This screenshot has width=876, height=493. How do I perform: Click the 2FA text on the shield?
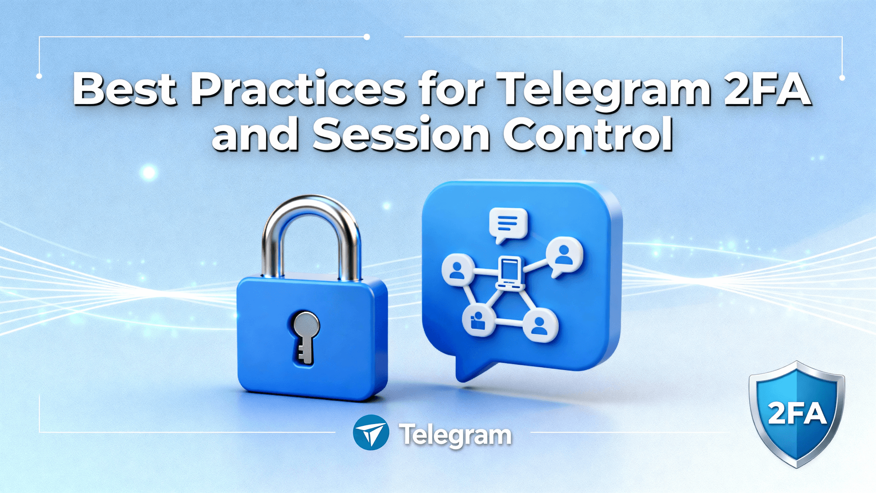797,414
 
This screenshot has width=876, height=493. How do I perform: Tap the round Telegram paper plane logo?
371,432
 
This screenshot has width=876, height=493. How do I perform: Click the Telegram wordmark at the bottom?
455,435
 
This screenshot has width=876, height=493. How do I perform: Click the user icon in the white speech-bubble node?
564,256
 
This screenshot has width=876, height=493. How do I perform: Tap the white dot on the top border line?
366,37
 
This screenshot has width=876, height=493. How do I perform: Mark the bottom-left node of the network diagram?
478,320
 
